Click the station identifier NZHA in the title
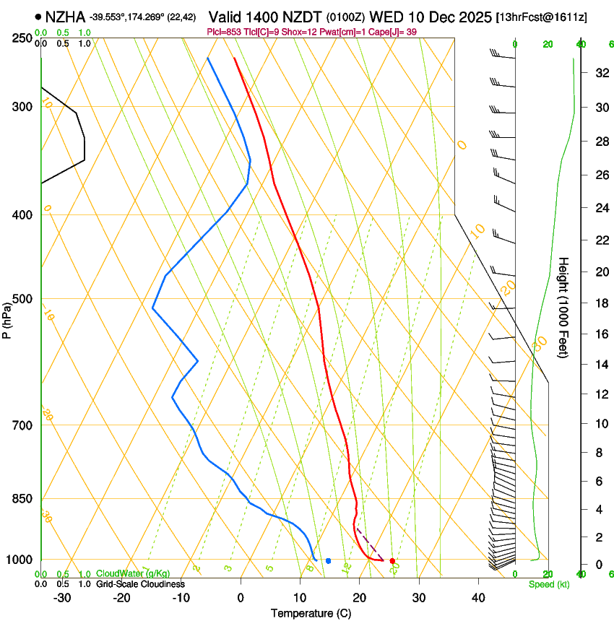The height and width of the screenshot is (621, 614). pos(65,16)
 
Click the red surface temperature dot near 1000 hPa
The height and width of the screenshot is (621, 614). pos(392,561)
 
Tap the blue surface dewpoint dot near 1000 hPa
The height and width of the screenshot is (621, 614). pos(328,560)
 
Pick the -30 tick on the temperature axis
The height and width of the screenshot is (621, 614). pos(62,597)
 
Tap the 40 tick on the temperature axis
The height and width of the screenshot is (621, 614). pos(478,597)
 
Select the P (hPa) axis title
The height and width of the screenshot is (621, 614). pos(7,318)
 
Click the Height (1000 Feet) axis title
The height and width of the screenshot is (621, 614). pos(564,308)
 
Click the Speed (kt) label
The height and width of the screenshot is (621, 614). pos(548,584)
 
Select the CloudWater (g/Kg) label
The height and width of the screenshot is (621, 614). pos(132,573)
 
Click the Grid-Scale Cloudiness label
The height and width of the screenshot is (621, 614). pos(140,583)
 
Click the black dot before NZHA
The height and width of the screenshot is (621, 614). pos(38,16)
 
